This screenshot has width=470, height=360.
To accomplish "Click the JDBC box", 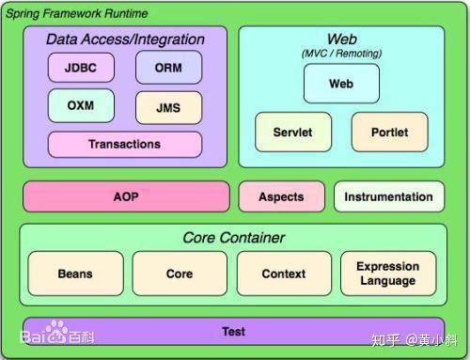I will pos(81,68).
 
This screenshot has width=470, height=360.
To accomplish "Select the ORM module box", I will pos(167,68).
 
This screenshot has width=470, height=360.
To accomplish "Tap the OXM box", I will pos(80,105).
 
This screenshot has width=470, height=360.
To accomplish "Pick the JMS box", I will pos(167,108).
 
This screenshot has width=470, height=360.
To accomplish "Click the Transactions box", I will pos(124,145).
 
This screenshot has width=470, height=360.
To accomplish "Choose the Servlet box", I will pos(292,133).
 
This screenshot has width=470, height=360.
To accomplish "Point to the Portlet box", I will pos(388,133).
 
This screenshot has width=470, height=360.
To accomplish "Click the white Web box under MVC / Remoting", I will pos(340,85).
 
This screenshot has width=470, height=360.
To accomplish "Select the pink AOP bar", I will pos(125,196).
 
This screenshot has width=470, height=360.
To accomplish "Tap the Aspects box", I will pos(281,196).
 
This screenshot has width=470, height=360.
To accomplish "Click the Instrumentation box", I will pos(388,196).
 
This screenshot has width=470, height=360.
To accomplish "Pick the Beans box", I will pos(75,274).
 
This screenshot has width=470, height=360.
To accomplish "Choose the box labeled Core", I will pos(179,274).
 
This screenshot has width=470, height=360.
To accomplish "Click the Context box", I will pos(283,274).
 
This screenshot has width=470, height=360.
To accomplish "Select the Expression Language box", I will pos(387,274).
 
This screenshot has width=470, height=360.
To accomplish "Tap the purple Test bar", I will pos(233,332).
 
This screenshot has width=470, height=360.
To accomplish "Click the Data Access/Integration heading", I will pos(125,39).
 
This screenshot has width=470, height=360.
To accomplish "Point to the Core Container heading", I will pos(233,238).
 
